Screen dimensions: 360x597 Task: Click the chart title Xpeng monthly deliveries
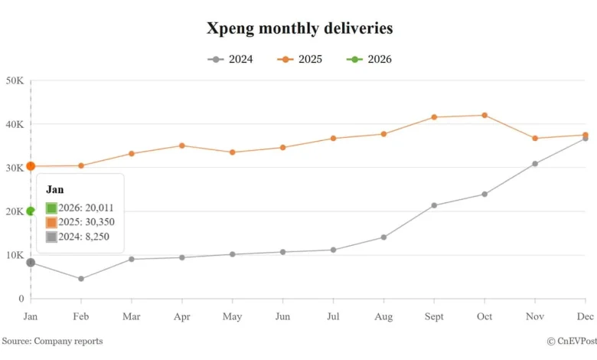(x=299, y=28)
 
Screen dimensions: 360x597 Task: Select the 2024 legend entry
(x=230, y=59)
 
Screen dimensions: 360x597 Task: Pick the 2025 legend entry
(x=300, y=59)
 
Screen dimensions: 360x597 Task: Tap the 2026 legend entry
(x=369, y=59)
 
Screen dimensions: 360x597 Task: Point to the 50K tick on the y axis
(x=15, y=80)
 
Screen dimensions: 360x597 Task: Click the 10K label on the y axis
(x=15, y=255)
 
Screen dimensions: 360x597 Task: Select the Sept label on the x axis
(x=434, y=316)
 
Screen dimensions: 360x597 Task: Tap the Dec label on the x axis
(x=586, y=316)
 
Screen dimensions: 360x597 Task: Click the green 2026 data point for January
(x=31, y=211)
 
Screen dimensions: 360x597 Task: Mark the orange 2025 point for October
(x=484, y=115)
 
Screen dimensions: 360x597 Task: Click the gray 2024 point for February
(x=81, y=279)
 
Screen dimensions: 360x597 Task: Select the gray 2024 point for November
(x=535, y=164)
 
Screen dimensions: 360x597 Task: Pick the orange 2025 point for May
(x=233, y=152)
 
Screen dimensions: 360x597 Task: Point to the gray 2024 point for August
(x=383, y=237)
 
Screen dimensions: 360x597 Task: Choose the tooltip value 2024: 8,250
(x=77, y=237)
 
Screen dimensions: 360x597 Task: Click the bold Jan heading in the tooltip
(x=54, y=189)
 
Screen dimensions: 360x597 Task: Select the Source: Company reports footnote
(x=52, y=341)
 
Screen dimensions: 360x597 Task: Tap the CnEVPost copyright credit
(x=572, y=341)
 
